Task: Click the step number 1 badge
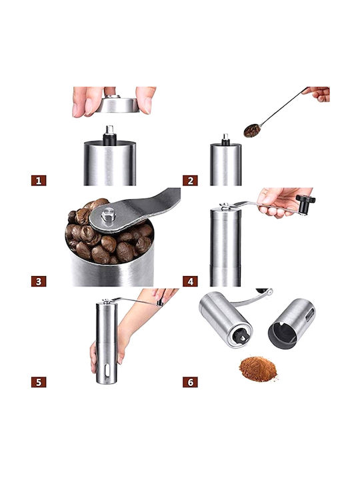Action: [39, 181]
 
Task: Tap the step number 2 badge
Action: [190, 181]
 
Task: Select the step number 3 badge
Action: [39, 281]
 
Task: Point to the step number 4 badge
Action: [190, 281]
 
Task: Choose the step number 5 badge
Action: [39, 382]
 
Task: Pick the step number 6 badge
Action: [190, 382]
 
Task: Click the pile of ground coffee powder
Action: [258, 369]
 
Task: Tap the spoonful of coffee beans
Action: [252, 131]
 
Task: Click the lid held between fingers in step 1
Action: [118, 104]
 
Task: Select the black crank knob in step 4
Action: [305, 203]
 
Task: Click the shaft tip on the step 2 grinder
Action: [225, 137]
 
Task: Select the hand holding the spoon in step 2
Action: [317, 94]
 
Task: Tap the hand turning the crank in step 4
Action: [281, 202]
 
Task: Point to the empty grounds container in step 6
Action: [291, 324]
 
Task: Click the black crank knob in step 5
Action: [160, 303]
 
